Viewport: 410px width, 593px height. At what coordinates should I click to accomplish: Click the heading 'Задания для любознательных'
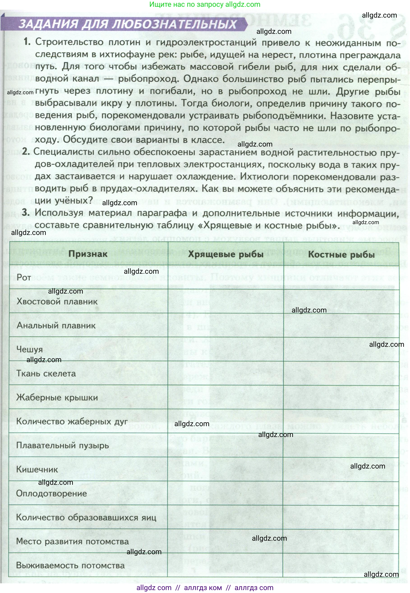tap(127, 24)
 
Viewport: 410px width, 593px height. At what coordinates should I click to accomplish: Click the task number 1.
tap(27, 42)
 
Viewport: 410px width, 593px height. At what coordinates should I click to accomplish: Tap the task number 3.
tap(26, 212)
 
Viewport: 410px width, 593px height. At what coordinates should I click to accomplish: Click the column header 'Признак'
tap(88, 254)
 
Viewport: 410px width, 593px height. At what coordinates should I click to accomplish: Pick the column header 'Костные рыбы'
tap(341, 255)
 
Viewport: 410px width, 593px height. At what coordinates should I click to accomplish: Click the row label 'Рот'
tap(24, 277)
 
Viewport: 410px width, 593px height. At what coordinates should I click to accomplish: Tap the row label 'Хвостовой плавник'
tap(57, 301)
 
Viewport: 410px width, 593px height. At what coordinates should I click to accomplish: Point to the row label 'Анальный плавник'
tap(56, 325)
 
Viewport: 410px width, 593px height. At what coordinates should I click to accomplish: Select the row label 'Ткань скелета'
tap(46, 373)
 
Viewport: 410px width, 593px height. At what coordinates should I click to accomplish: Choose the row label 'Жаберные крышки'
tap(57, 398)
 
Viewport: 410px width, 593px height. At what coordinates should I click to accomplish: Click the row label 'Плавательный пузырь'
tap(62, 445)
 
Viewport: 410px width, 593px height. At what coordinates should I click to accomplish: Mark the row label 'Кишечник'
tap(37, 469)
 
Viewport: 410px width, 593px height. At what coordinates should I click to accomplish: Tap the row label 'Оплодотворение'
tap(51, 493)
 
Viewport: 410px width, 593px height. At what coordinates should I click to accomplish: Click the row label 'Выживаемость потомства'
tap(70, 565)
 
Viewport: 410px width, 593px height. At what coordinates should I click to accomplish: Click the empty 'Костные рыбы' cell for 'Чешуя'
tap(341, 349)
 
